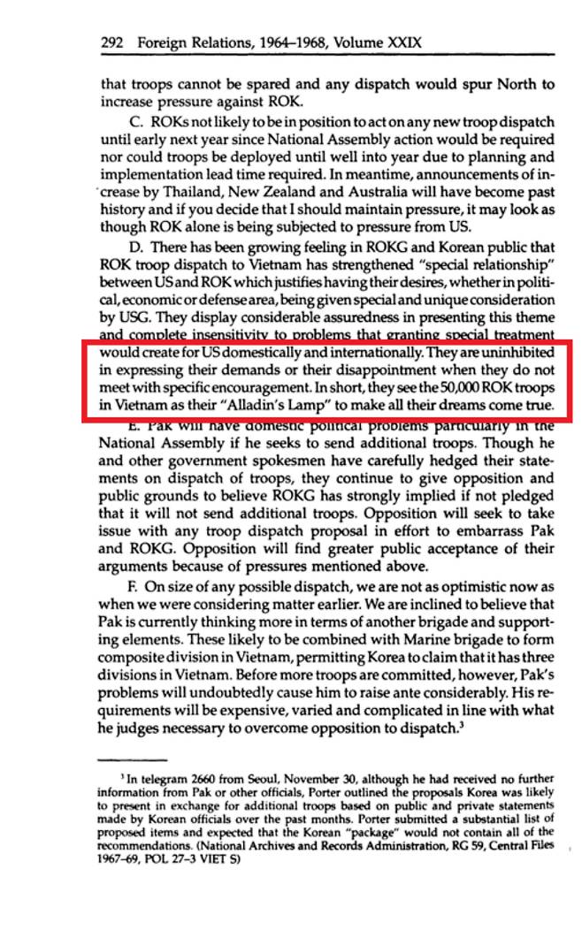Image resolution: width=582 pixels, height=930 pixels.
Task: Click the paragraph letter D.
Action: pos(134,252)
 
